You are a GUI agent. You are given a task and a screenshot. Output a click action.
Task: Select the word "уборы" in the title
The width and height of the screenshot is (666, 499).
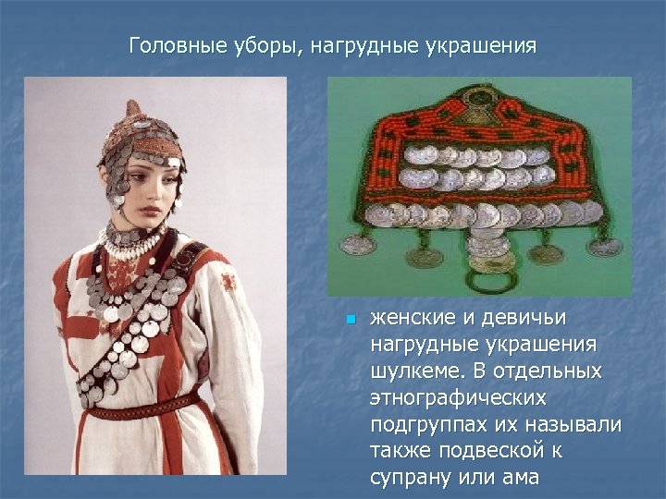coord(251,46)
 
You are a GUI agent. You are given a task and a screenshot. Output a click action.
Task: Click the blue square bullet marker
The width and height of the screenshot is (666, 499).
coord(350,320)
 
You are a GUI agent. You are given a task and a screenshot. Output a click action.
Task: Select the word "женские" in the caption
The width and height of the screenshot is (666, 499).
coord(411,319)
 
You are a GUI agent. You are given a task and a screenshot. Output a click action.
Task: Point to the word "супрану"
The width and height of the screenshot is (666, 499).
coord(412,479)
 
